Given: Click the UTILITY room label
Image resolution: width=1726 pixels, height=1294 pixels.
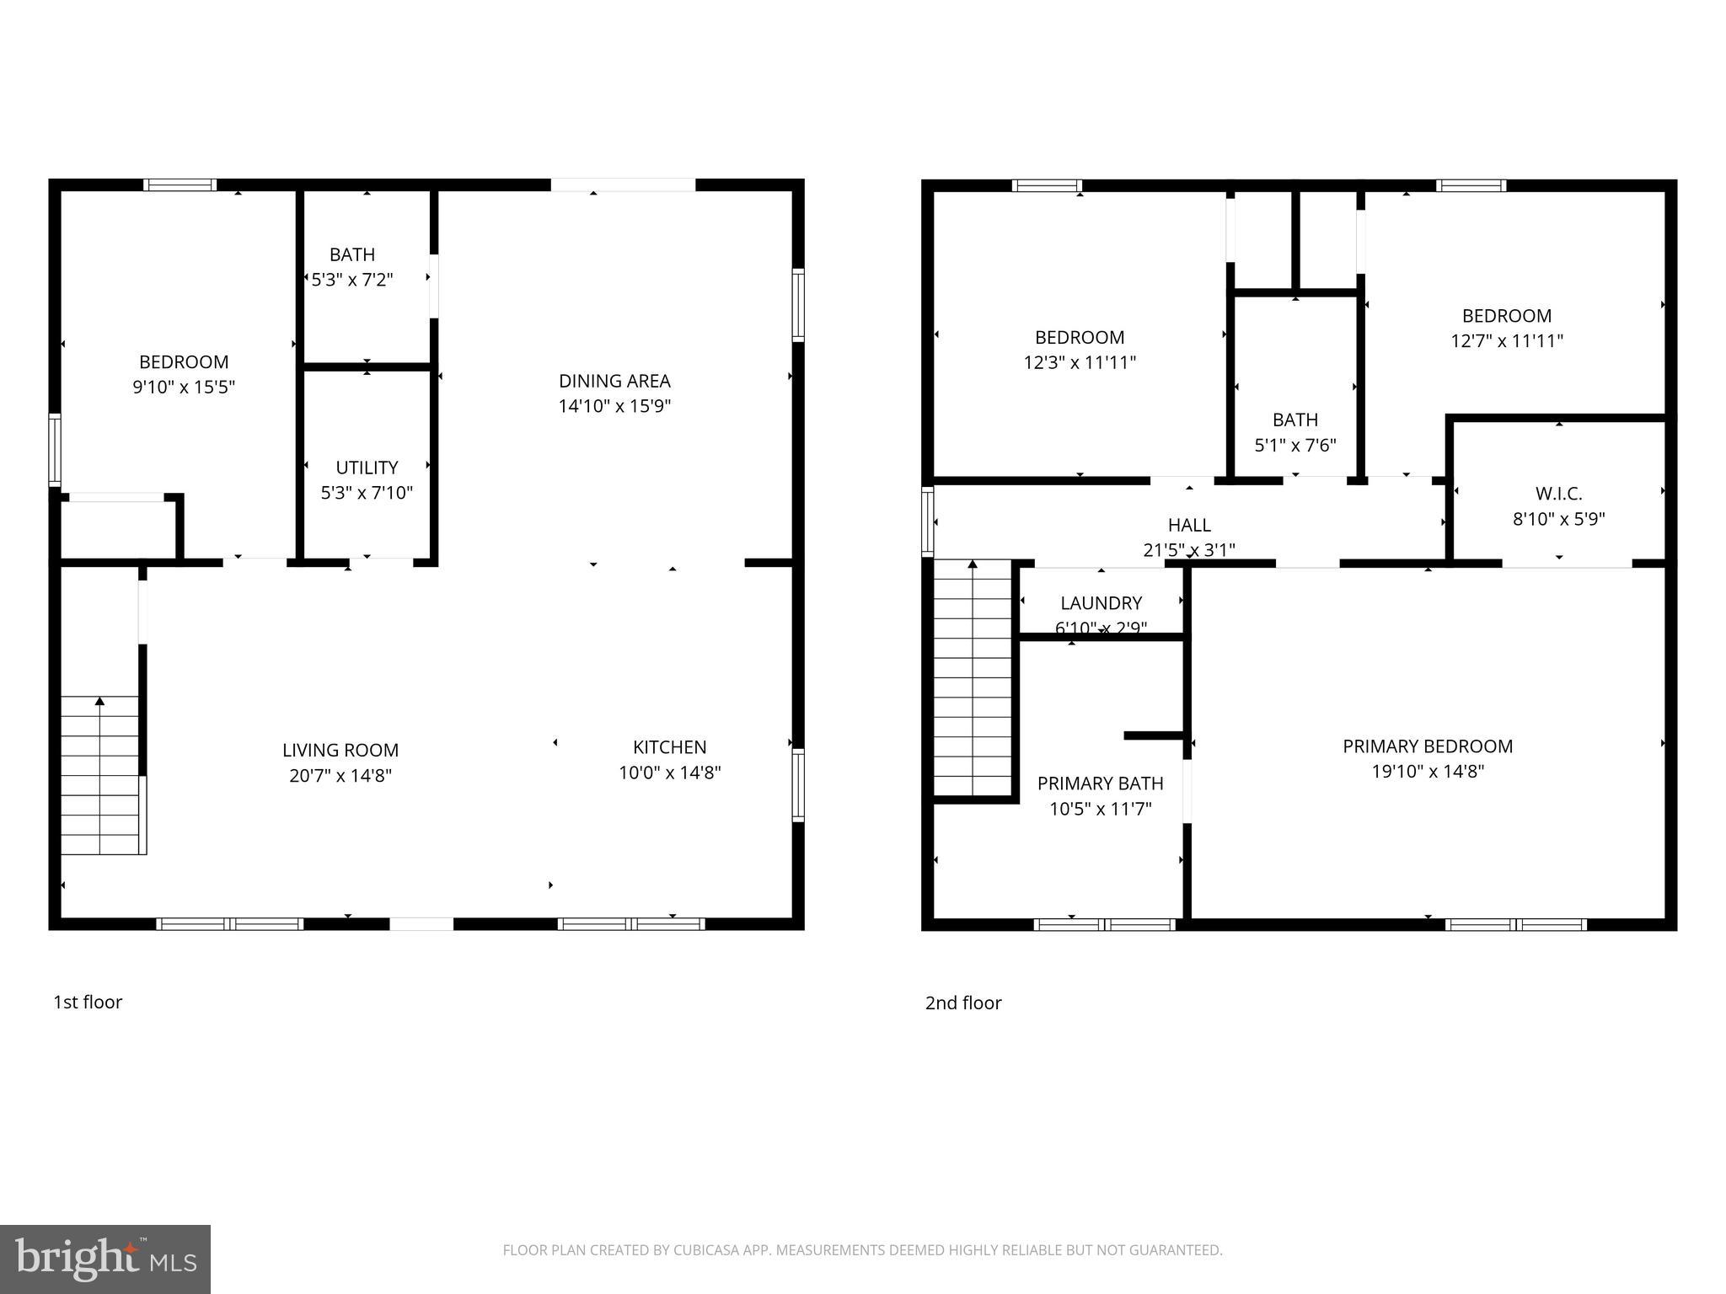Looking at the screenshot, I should pos(367,468).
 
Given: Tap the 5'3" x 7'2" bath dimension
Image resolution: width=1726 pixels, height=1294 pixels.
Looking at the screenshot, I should pos(352,280).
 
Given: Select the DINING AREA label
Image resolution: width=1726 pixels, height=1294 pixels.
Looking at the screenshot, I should pos(614,381).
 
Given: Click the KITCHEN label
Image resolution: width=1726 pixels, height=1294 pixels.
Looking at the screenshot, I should pos(669,747).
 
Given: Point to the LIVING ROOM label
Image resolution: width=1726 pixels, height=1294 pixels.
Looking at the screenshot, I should pos(340,750).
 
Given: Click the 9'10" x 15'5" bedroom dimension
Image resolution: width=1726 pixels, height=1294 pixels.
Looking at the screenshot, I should pos(184,388).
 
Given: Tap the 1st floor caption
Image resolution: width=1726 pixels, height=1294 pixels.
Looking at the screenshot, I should pos(88,1002).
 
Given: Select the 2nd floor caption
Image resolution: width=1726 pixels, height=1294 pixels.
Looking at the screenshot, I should pos(963,1003).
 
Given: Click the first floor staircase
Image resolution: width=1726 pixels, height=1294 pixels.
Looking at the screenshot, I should pos(100,775).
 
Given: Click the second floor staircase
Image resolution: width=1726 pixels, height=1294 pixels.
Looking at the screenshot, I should pos(973,678).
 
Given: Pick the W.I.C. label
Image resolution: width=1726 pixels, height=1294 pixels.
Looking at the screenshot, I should pos(1558,494).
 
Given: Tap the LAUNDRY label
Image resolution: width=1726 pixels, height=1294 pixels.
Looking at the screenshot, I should pos(1101,603).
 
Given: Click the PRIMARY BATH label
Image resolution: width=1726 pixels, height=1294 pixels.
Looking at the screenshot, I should pos(1100,783).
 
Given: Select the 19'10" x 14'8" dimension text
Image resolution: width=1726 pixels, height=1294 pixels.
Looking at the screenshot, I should pos(1428,772).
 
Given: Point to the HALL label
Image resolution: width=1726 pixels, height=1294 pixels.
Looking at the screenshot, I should pos(1189,526).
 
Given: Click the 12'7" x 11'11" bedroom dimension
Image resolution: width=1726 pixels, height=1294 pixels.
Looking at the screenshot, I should pos(1506,341).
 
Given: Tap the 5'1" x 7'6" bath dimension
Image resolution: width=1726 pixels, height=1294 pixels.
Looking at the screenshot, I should pos(1294,446).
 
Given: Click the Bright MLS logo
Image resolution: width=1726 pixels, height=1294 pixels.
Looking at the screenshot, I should pos(105,1259).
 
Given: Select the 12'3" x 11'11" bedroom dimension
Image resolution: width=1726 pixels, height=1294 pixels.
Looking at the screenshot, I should pos(1080,363).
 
